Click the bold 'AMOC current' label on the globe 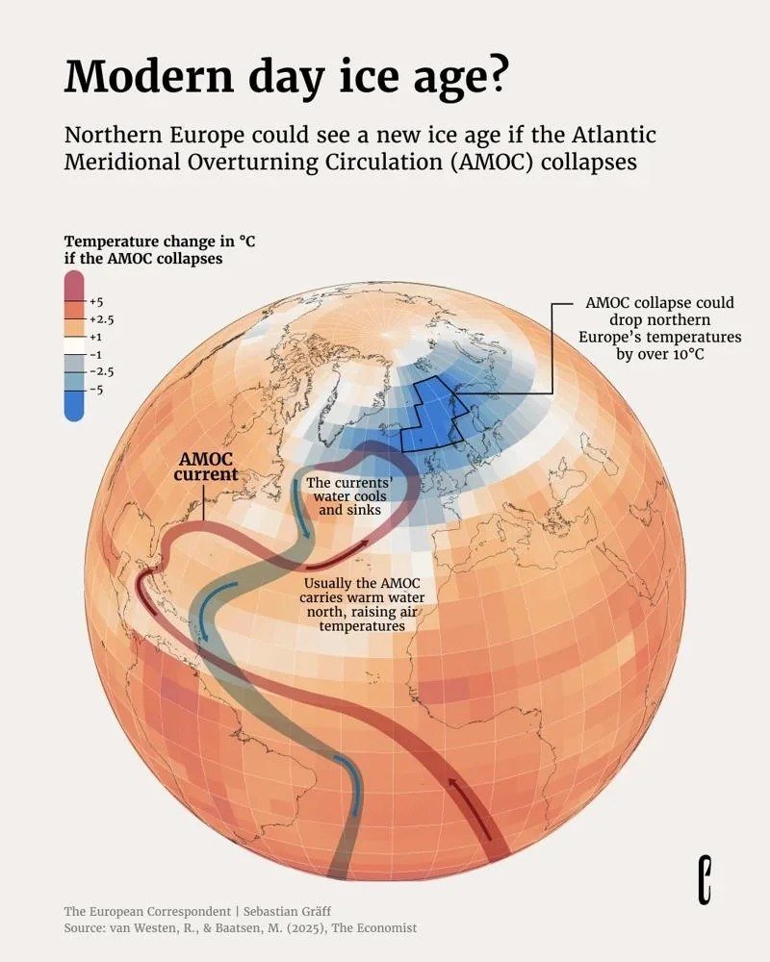coord(206,467)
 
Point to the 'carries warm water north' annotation coord(363,604)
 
